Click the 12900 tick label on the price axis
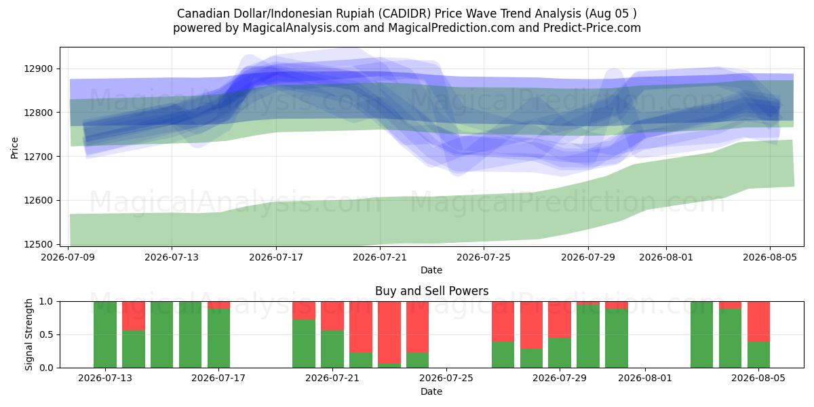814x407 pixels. point(38,69)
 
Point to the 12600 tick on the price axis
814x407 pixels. point(38,200)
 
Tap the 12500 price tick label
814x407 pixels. point(38,244)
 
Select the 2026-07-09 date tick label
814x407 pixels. point(68,257)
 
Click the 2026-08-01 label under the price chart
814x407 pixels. point(666,257)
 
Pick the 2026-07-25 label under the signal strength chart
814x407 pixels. point(446,378)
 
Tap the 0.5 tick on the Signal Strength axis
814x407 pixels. point(46,334)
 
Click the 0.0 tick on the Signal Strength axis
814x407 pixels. point(46,368)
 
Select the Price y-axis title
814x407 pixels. point(14,148)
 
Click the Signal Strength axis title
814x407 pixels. point(28,334)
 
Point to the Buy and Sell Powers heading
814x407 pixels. point(431,291)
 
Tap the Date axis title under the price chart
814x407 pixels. point(431,270)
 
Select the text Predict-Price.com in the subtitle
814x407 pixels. point(592,28)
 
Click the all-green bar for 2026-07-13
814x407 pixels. point(105,334)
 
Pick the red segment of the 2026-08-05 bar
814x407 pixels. point(758,322)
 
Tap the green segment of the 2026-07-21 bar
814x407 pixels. point(332,349)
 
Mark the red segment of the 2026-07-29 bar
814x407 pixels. point(559,319)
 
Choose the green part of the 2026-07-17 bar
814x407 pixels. point(218,338)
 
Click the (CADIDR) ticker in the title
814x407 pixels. point(404,14)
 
